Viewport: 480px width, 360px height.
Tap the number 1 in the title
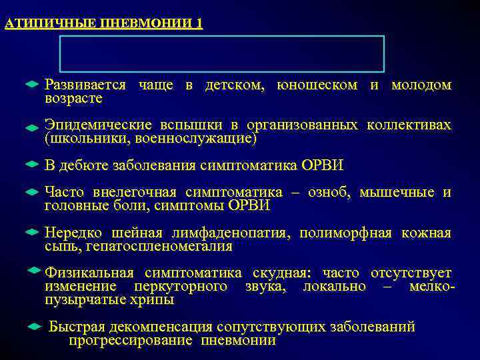pos(199,24)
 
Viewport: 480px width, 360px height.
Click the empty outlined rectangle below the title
pos(222,54)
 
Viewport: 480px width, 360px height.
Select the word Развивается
pos(85,85)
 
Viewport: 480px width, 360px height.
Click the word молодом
pos(421,85)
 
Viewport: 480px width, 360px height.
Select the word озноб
pos(329,193)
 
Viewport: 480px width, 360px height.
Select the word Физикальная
pos(89,273)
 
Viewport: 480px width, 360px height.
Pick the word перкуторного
pos(181,287)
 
